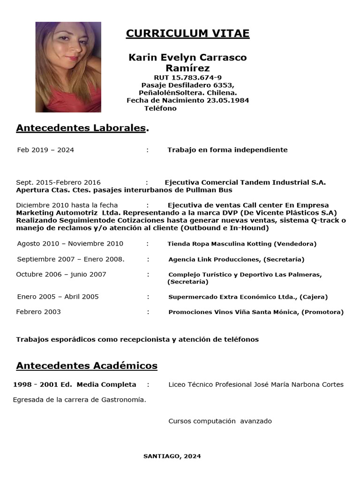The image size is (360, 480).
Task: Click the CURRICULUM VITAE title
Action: click(x=187, y=33)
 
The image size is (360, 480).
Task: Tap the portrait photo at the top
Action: click(x=68, y=67)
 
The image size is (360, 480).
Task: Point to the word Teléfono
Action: click(x=161, y=108)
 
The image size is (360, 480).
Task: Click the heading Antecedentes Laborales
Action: click(x=81, y=128)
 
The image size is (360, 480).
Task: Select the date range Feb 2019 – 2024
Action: click(x=45, y=150)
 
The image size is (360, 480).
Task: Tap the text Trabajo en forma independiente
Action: click(x=227, y=150)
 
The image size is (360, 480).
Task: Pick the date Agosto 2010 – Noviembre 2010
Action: click(x=70, y=244)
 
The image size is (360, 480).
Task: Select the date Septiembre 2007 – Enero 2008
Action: click(x=71, y=259)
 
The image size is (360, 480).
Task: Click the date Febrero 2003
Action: click(x=38, y=312)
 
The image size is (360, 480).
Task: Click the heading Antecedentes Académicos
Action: click(x=87, y=366)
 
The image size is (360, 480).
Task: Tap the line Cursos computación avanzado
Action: click(x=220, y=421)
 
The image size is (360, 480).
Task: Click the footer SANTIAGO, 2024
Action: click(x=172, y=456)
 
